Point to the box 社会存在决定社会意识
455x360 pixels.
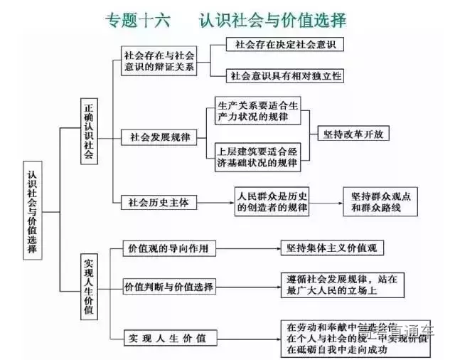(284, 44)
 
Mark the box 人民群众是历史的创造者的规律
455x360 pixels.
(272, 201)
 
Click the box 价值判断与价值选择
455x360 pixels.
(168, 287)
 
